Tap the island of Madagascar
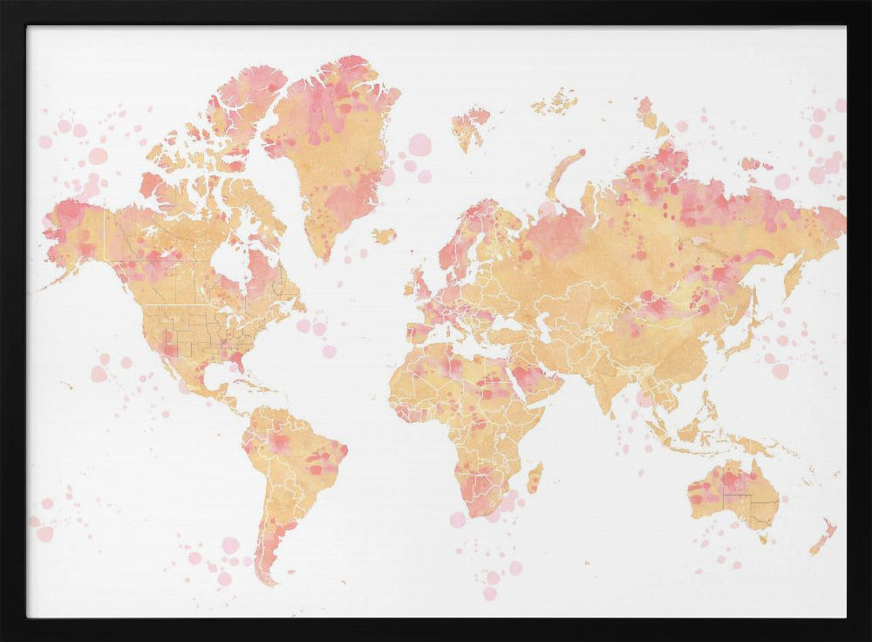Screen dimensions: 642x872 tap(535, 478)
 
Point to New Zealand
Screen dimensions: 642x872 tap(822, 537)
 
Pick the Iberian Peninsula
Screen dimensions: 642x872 tap(418, 332)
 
